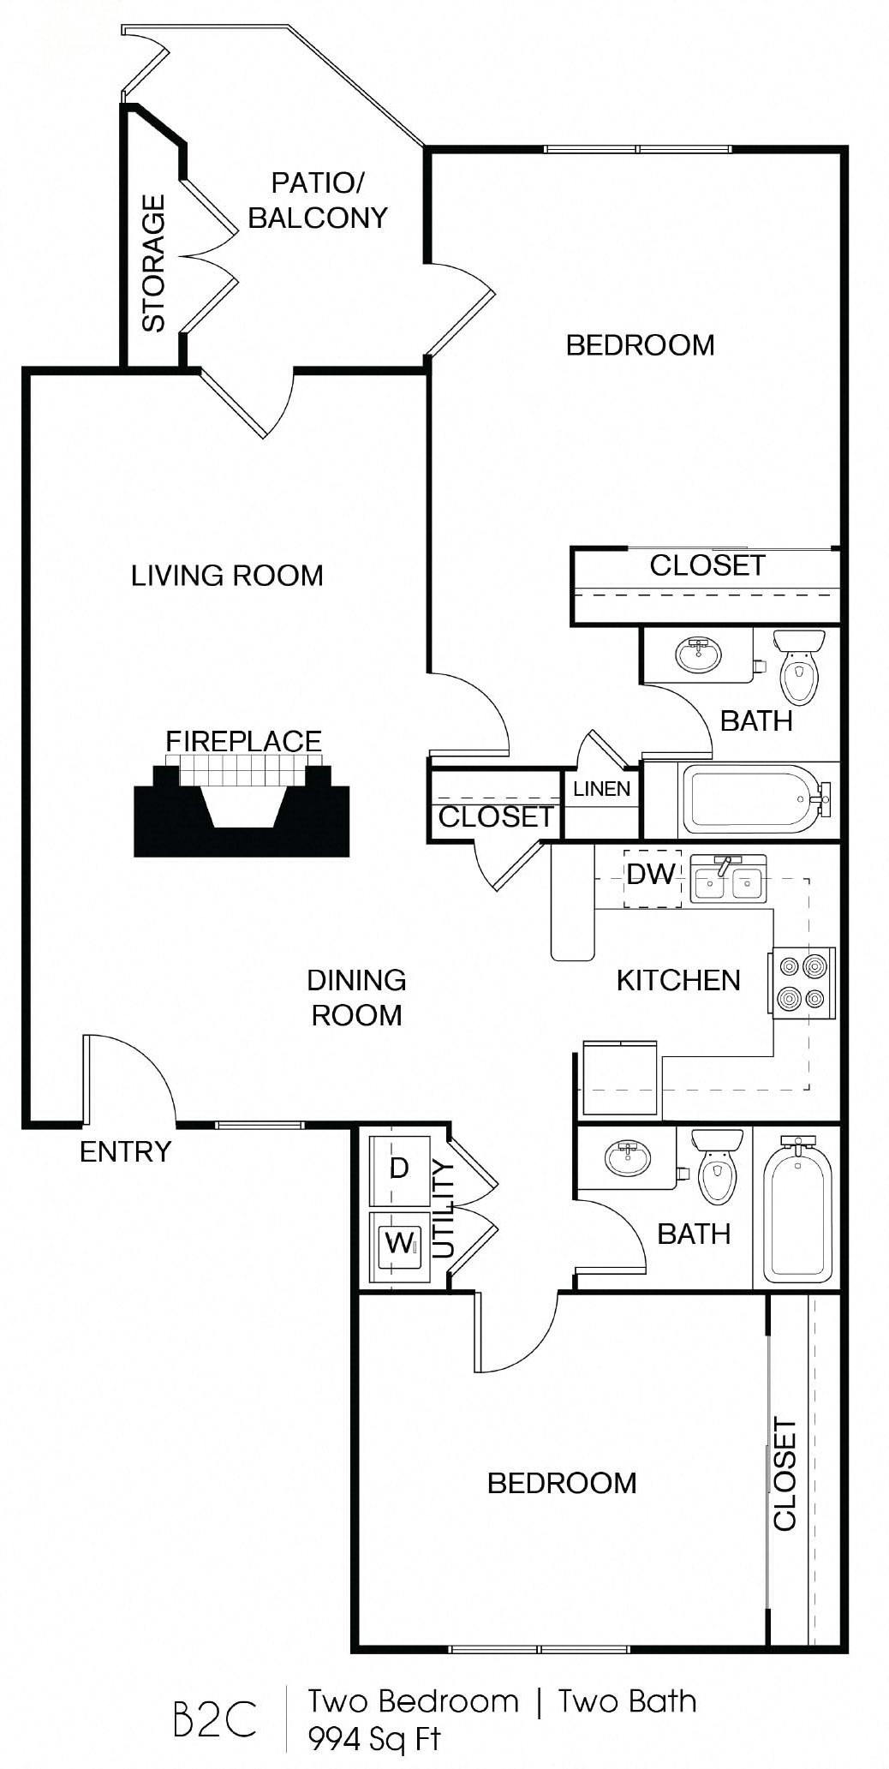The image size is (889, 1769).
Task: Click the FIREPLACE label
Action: tap(243, 741)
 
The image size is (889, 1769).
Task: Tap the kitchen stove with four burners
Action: tap(802, 983)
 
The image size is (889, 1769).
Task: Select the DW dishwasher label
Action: tap(651, 875)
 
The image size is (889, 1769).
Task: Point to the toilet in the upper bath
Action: tap(799, 666)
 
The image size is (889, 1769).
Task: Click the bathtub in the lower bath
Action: tap(797, 1209)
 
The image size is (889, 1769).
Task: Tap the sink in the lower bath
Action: tap(628, 1158)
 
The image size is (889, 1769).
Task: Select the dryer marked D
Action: tap(399, 1168)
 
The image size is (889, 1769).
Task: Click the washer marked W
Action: tap(399, 1244)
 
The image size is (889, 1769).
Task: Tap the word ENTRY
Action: tap(125, 1151)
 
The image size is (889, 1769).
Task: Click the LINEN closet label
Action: tap(601, 789)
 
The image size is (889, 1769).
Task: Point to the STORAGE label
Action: tap(153, 263)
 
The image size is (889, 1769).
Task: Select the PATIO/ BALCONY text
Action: tap(318, 200)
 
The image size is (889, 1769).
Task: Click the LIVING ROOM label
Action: tap(227, 576)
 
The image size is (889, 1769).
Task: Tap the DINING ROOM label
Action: tap(356, 997)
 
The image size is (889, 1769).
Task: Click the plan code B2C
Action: tap(214, 1718)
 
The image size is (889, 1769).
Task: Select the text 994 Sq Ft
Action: tap(374, 1738)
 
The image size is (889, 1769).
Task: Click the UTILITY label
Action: tap(443, 1209)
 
